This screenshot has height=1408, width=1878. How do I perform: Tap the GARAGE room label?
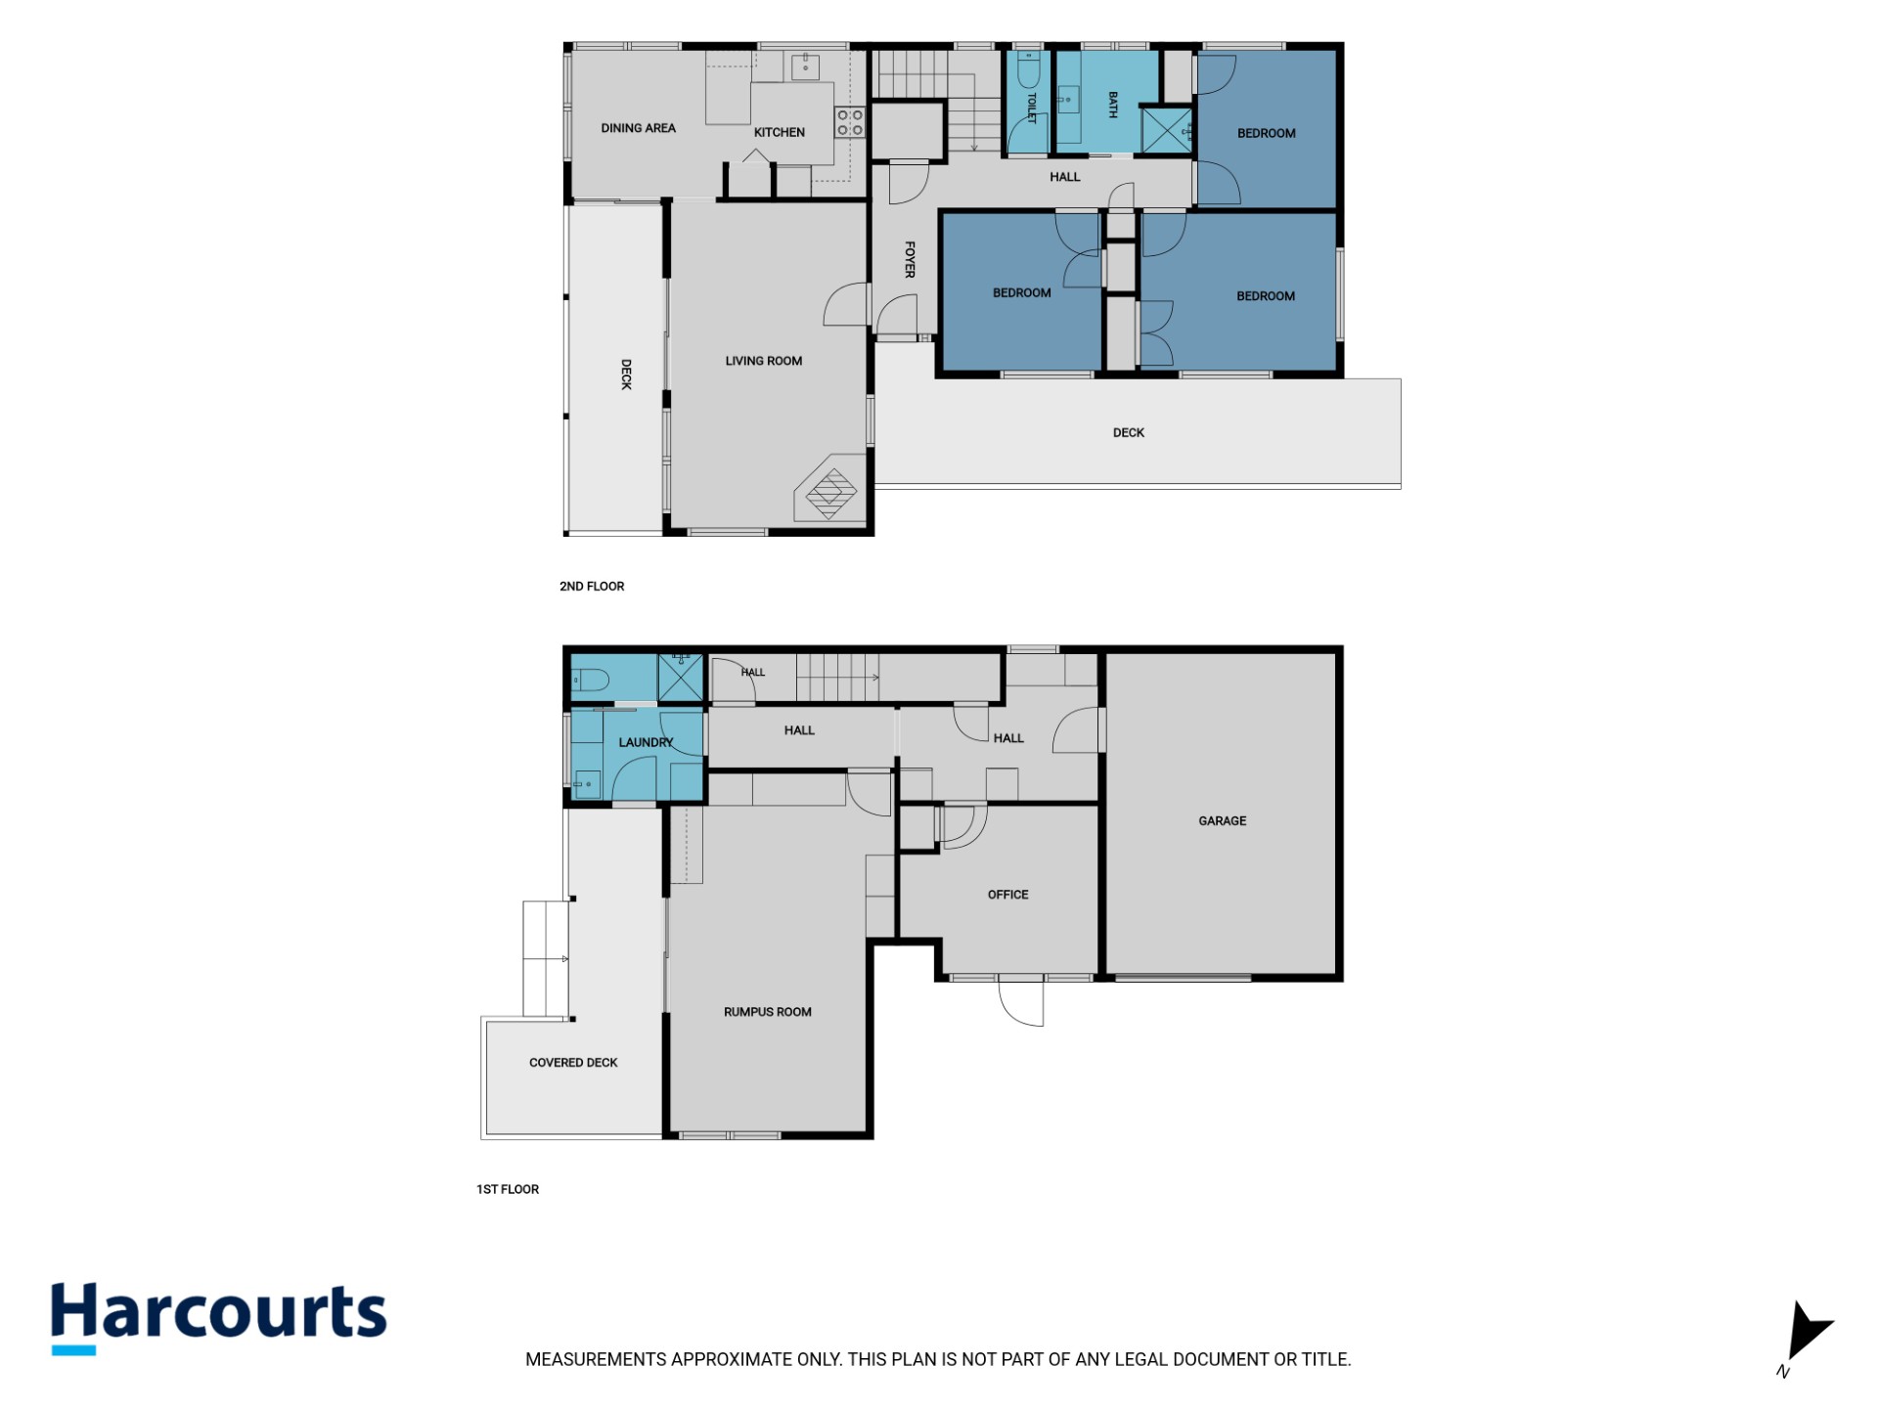[x=1222, y=821]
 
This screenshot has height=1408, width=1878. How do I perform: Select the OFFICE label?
[x=1007, y=895]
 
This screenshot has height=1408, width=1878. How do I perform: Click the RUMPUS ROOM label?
[x=767, y=1012]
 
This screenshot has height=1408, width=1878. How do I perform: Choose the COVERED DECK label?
[x=573, y=1063]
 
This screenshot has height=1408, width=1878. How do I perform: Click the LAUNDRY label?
[x=646, y=743]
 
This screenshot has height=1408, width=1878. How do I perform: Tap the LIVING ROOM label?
[x=763, y=361]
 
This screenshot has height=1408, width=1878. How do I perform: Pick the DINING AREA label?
[x=638, y=128]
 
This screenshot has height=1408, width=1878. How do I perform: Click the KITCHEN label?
[x=779, y=133]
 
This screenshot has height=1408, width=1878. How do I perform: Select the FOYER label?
[x=910, y=260]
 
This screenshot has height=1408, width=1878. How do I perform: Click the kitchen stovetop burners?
[x=849, y=122]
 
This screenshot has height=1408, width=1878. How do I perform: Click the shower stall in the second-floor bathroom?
[x=1167, y=130]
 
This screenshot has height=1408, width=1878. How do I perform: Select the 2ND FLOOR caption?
[x=592, y=587]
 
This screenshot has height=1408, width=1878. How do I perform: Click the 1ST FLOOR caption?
[x=508, y=1190]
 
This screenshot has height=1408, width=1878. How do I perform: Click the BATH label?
[x=1112, y=105]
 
